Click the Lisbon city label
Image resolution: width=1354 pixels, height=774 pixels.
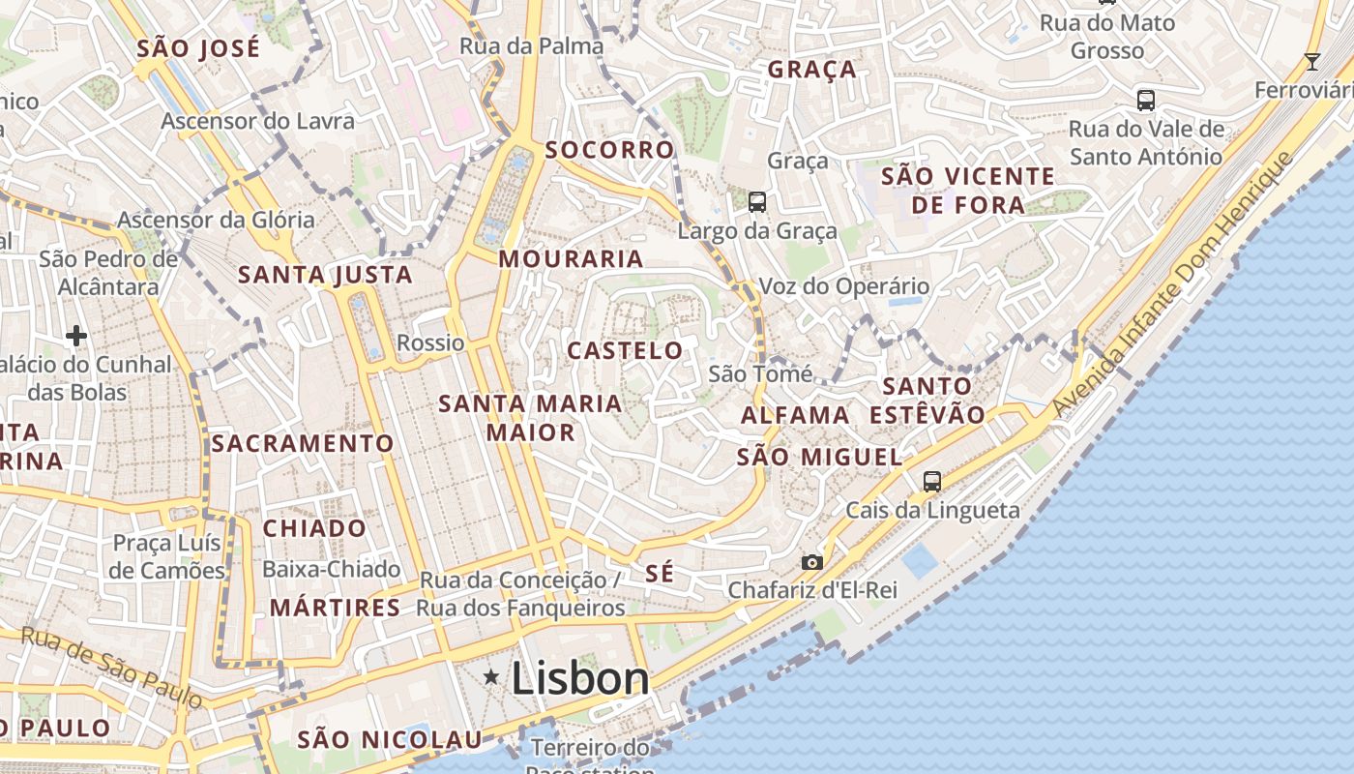point(579,678)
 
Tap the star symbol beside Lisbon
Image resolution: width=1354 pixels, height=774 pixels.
point(491,677)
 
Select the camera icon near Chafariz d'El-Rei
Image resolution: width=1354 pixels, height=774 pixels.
point(811,562)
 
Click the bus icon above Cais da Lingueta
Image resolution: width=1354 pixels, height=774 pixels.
point(932,481)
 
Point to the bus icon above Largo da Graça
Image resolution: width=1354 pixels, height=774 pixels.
point(757,202)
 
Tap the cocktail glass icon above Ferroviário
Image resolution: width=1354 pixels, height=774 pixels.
point(1311,62)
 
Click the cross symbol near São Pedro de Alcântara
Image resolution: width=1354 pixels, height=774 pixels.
point(76,336)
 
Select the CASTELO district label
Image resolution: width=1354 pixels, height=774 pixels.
point(625,350)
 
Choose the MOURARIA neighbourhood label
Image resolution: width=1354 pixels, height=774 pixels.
point(571,258)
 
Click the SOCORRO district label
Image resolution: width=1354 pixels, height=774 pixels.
point(609,150)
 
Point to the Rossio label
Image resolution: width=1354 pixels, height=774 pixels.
point(430,342)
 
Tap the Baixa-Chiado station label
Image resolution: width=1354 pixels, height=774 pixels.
point(331,569)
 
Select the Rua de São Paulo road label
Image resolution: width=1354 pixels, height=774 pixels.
point(111,667)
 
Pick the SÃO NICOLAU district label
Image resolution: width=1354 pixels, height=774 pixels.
point(389,740)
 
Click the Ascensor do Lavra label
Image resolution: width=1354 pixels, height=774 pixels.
point(257,121)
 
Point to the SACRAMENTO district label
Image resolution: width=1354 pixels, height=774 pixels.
point(303,444)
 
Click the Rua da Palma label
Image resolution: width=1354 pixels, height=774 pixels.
point(531,45)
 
